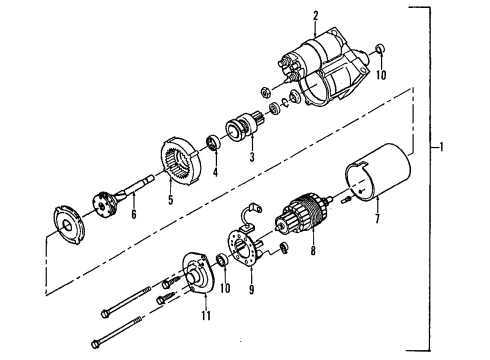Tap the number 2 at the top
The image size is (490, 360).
coord(316,15)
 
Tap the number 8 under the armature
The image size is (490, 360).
coord(313,253)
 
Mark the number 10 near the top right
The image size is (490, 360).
coord(380,73)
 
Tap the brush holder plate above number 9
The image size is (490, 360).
coord(243,253)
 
